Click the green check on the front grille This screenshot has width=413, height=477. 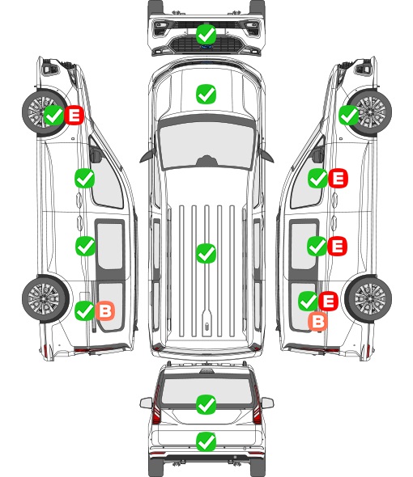pyautogui.click(x=206, y=34)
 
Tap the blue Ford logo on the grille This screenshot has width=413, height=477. pyautogui.click(x=206, y=47)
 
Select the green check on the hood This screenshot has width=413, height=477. pyautogui.click(x=206, y=94)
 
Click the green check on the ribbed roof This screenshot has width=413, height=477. pyautogui.click(x=206, y=253)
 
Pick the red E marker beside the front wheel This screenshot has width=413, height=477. pyautogui.click(x=74, y=115)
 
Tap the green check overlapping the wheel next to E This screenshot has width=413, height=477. pyautogui.click(x=54, y=115)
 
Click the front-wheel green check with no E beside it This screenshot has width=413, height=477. pyautogui.click(x=349, y=115)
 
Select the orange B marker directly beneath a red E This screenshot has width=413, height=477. pyautogui.click(x=318, y=322)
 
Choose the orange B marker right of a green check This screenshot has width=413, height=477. pyautogui.click(x=105, y=310)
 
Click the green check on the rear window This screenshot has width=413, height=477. pyautogui.click(x=206, y=404)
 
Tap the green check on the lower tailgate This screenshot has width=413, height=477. pyautogui.click(x=206, y=441)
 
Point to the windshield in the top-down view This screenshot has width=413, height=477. pyautogui.click(x=206, y=145)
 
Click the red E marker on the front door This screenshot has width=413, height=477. pyautogui.click(x=338, y=178)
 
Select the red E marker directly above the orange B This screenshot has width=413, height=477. pyautogui.click(x=328, y=301)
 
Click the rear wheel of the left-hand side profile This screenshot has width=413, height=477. pyautogui.click(x=45, y=299)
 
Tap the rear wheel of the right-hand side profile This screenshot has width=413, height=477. pyautogui.click(x=368, y=299)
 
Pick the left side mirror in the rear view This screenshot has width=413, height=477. pyautogui.click(x=147, y=403)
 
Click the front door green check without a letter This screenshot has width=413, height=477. pyautogui.click(x=85, y=178)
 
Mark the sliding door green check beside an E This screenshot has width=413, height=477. pyautogui.click(x=317, y=246)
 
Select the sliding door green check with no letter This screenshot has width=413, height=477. pyautogui.click(x=85, y=246)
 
